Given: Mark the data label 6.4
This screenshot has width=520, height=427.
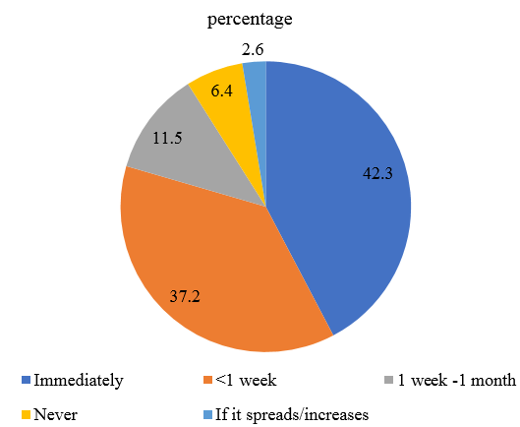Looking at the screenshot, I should [222, 89].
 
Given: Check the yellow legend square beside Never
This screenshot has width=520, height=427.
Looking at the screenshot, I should [26, 414].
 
